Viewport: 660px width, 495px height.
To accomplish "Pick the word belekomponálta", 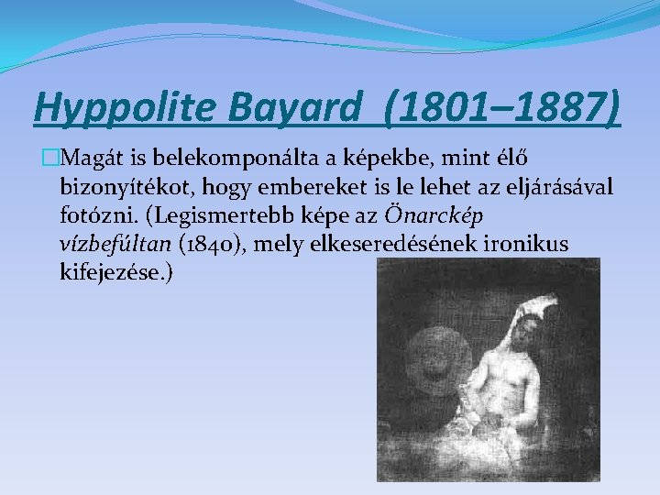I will (204, 159).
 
